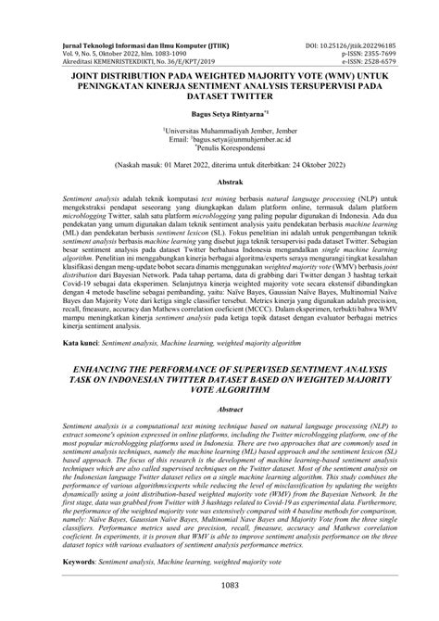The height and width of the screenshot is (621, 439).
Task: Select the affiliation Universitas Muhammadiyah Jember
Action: pos(219,134)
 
